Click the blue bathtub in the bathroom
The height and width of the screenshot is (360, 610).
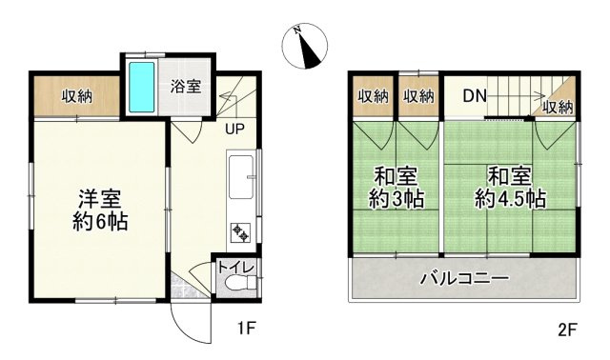[141, 87]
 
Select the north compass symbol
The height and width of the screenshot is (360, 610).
[307, 48]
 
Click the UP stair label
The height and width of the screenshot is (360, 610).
[234, 129]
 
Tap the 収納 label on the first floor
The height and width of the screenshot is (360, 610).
[78, 95]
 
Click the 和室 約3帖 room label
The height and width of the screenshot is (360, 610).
[396, 188]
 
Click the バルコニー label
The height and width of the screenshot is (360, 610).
[465, 280]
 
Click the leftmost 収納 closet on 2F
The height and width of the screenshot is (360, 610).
[374, 95]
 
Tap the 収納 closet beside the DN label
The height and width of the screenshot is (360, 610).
[418, 95]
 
